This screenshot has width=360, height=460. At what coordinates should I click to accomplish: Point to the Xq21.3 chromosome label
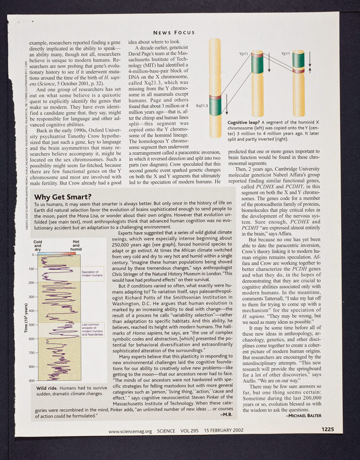tap(202, 105)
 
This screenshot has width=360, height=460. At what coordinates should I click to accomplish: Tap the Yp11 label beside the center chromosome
tap(243, 53)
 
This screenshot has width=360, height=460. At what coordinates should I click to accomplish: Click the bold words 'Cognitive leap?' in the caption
tap(245, 122)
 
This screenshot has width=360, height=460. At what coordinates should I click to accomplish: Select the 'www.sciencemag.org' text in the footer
tap(130, 446)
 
